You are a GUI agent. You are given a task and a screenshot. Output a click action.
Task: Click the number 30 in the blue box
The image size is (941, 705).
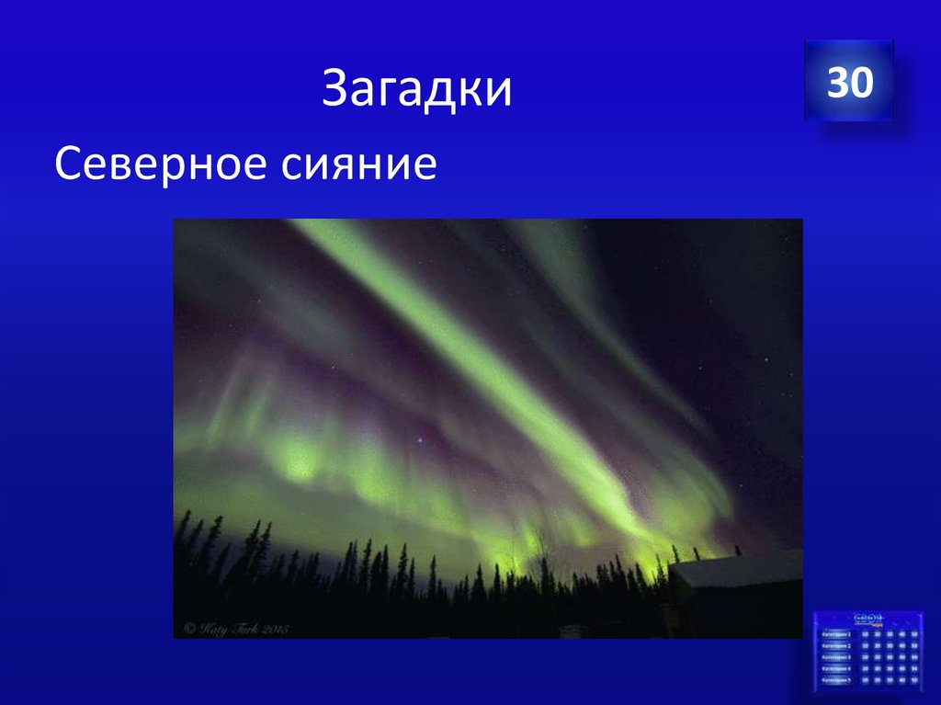pyautogui.click(x=849, y=84)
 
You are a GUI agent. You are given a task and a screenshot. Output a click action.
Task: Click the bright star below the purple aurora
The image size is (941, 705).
pyautogui.click(x=420, y=440)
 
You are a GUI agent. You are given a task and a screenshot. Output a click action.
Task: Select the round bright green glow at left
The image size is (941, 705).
pyautogui.click(x=296, y=460)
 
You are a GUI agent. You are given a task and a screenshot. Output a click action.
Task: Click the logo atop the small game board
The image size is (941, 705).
pyautogui.click(x=869, y=620)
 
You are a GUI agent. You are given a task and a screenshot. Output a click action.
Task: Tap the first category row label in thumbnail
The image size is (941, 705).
pyautogui.click(x=836, y=634)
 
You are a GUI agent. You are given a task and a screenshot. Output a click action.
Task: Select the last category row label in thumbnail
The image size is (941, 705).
pyautogui.click(x=836, y=680)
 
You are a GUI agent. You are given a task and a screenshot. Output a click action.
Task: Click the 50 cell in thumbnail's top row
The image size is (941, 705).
pyautogui.click(x=914, y=634)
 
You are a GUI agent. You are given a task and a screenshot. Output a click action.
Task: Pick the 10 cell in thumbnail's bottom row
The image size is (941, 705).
pyautogui.click(x=865, y=680)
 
